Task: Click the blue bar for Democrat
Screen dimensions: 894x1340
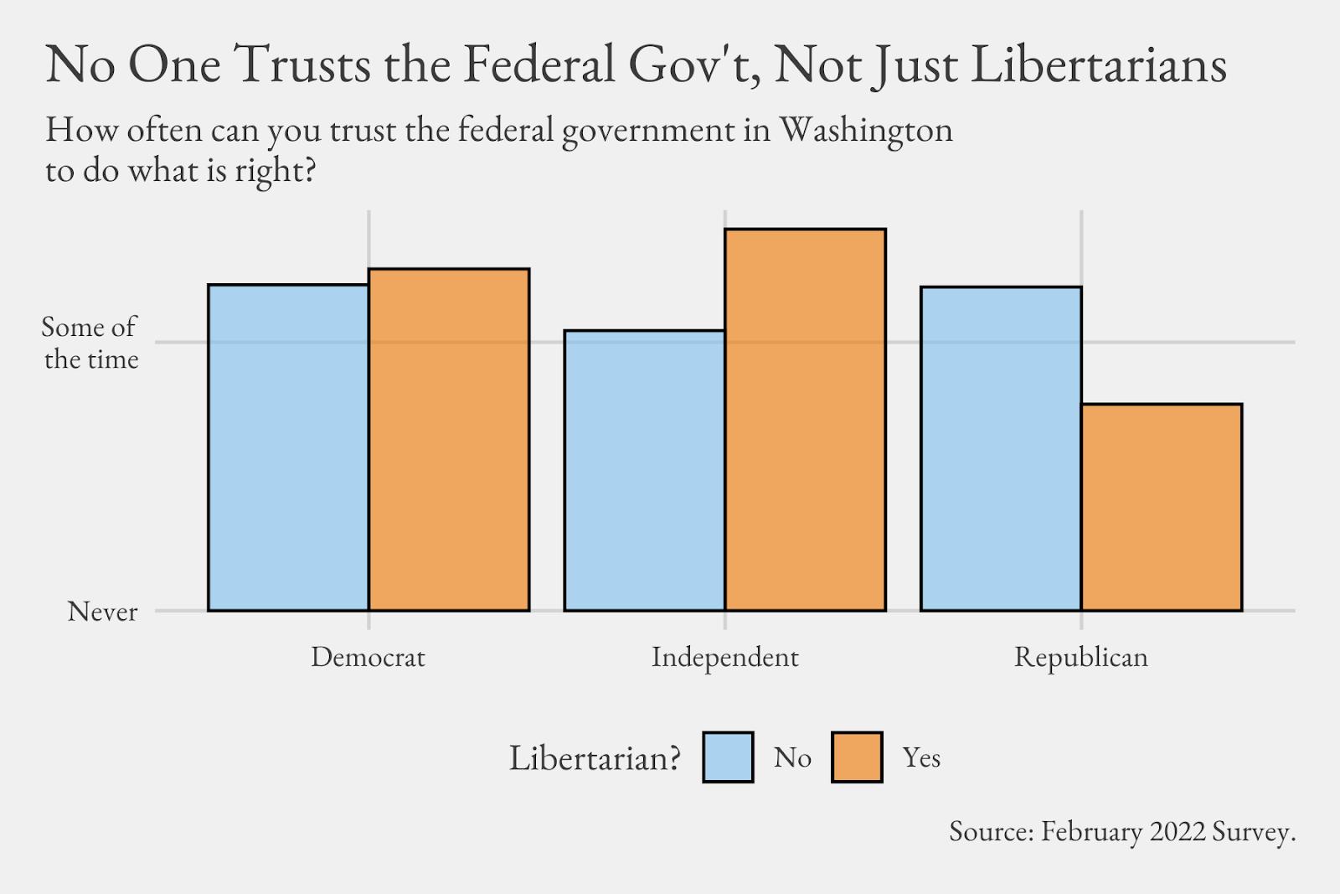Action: click(288, 447)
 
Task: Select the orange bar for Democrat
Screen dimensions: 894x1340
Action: click(449, 439)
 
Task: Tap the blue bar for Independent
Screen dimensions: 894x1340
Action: click(644, 470)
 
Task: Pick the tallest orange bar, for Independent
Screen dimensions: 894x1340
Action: click(805, 419)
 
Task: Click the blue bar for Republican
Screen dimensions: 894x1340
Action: click(1001, 448)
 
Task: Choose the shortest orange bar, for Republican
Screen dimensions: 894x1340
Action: click(1162, 507)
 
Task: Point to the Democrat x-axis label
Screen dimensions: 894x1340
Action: click(368, 657)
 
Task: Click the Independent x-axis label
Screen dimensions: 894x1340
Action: click(724, 657)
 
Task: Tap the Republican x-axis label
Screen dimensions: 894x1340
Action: click(1080, 657)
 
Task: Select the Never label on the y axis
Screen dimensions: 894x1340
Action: click(102, 612)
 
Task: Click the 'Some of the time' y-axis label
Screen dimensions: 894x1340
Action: click(90, 343)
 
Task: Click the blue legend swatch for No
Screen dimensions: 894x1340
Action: click(728, 757)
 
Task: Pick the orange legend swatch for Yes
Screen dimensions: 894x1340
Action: click(857, 757)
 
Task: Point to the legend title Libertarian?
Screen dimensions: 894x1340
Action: click(595, 758)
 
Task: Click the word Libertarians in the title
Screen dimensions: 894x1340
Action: click(1099, 65)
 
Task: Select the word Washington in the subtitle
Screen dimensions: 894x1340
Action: click(866, 131)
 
